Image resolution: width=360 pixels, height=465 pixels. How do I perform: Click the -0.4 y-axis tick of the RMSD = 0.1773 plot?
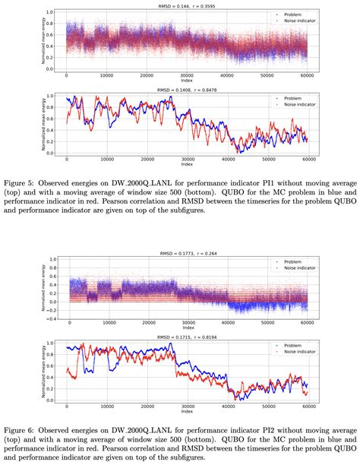pyautogui.click(x=50, y=319)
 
